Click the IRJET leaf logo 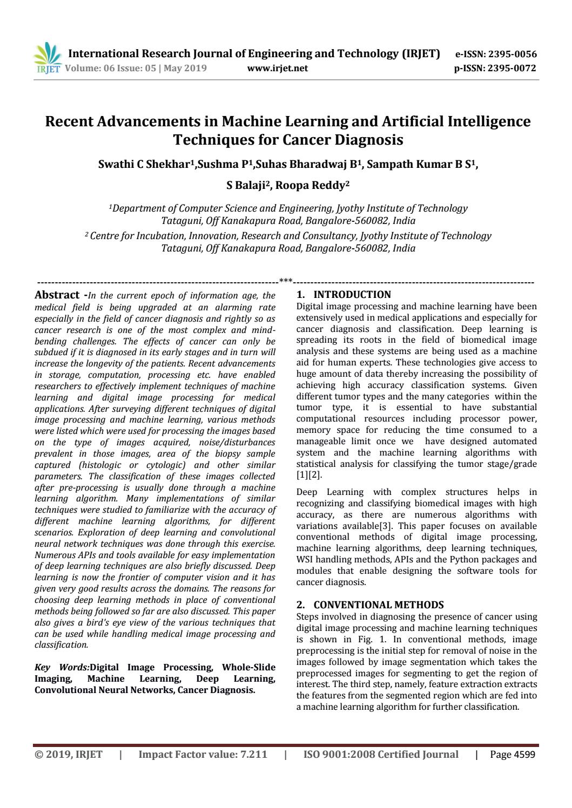[48, 58]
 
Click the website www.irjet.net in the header [277, 68]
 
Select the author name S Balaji [247, 185]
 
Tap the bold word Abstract [57, 295]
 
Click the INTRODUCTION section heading [352, 295]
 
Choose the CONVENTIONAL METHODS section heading [378, 605]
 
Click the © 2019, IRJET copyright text [69, 755]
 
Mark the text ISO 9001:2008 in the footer [339, 755]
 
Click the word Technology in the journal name [367, 53]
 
